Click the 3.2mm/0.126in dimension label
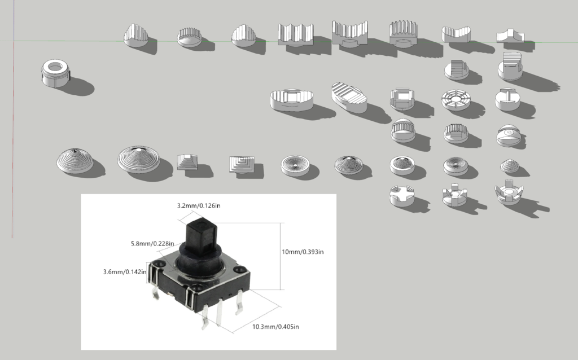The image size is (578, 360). tap(199, 206)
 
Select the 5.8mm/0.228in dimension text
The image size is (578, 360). tap(150, 244)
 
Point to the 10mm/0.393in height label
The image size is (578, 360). tap(303, 251)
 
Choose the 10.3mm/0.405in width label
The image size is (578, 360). tap(275, 327)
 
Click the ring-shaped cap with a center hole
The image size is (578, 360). tap(55, 73)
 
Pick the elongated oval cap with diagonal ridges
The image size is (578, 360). tap(349, 97)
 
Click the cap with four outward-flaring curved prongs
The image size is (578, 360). tap(509, 195)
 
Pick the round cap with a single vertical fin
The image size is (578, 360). tap(507, 99)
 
